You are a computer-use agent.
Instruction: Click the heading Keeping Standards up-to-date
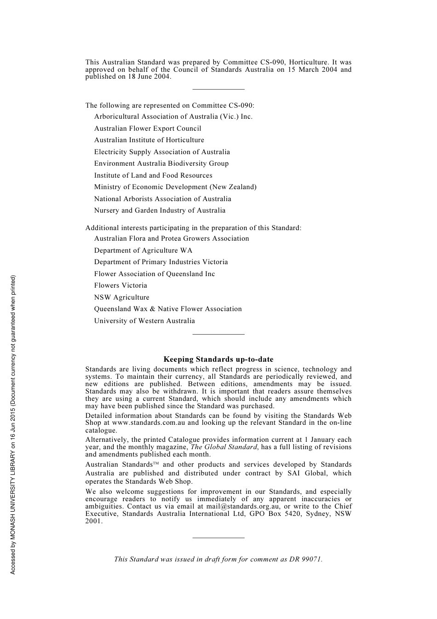coord(218,359)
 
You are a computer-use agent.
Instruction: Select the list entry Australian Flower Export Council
coord(148,128)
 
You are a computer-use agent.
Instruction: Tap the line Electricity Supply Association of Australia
coord(162,152)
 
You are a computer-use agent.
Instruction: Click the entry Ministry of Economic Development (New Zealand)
coord(175,187)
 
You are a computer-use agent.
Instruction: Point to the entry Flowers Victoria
coord(121,285)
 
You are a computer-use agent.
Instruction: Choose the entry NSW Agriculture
coord(122,297)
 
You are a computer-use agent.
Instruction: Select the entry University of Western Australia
coord(144,321)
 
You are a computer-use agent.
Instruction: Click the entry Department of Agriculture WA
coord(143,250)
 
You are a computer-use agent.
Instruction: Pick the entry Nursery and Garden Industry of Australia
coord(160,210)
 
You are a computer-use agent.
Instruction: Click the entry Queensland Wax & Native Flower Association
coord(168,309)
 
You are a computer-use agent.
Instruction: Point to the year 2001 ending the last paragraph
coord(93,521)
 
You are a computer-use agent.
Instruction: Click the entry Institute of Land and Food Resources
coord(153,175)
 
